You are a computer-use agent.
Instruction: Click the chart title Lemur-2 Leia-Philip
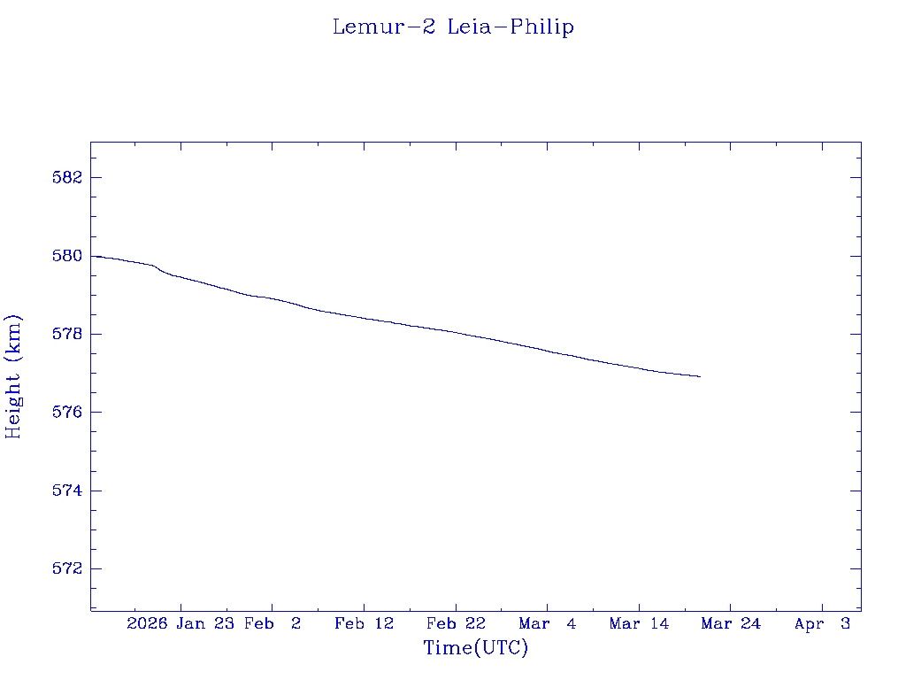click(x=453, y=27)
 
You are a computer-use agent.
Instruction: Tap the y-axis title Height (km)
click(x=13, y=376)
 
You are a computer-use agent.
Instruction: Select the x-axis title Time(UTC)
click(x=476, y=648)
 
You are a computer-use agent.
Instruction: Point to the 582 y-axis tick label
click(x=67, y=177)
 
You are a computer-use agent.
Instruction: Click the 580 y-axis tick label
click(x=67, y=256)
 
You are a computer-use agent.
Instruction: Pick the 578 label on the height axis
click(x=67, y=334)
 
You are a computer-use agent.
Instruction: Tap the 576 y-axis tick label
click(x=67, y=413)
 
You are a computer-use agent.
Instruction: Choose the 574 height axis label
click(x=67, y=491)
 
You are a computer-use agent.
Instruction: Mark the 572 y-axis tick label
click(x=67, y=568)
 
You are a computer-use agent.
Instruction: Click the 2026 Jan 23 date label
click(x=180, y=624)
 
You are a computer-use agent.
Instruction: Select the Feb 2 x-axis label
click(x=273, y=624)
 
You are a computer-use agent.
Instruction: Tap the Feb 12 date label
click(x=364, y=624)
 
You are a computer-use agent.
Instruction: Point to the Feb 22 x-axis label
click(x=456, y=624)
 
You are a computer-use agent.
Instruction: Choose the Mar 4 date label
click(x=548, y=624)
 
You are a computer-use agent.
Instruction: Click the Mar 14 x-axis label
click(x=639, y=624)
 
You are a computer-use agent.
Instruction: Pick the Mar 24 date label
click(x=731, y=624)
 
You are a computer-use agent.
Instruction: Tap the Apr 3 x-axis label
click(x=822, y=624)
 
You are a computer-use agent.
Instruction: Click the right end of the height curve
click(x=700, y=376)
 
